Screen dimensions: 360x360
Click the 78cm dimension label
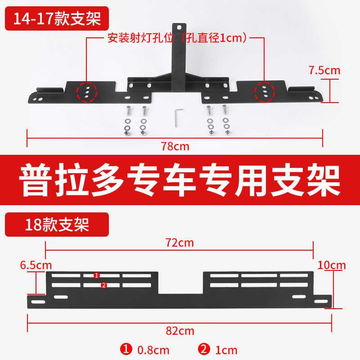175,146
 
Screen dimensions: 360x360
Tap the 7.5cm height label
324,70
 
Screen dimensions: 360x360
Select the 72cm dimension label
180,243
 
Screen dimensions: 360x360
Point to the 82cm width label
180,331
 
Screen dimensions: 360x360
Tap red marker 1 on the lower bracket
96,275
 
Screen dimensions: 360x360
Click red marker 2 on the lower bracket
103,285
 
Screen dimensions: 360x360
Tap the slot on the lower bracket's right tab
321,301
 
